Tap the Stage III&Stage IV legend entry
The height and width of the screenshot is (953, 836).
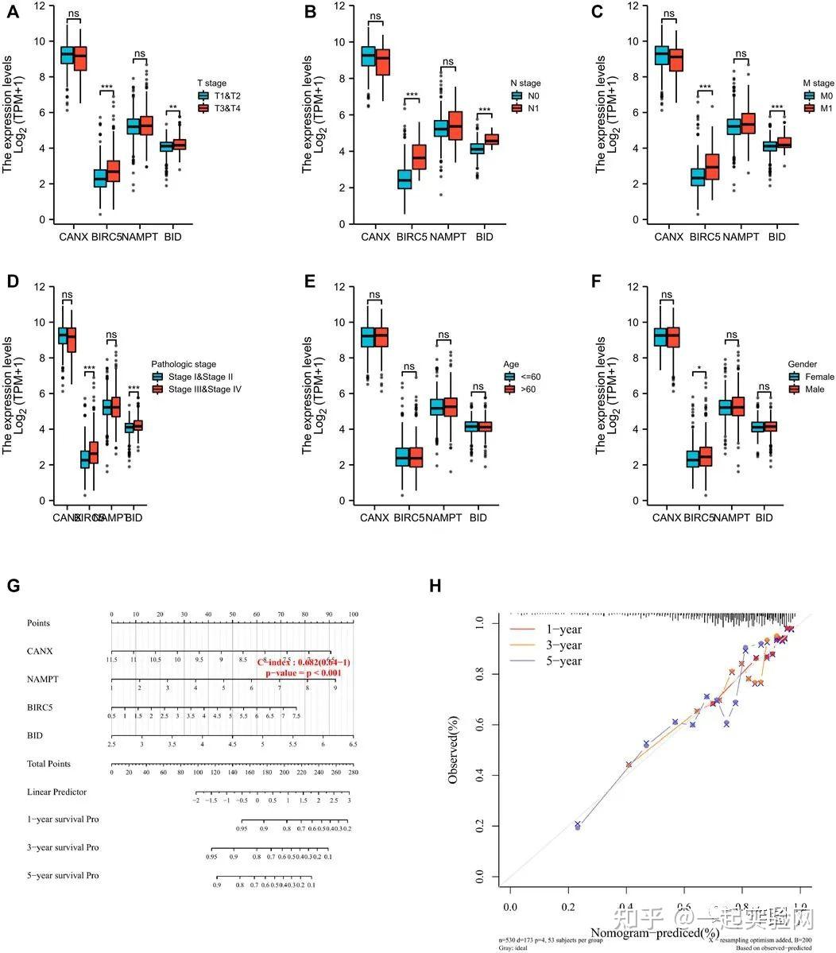(x=196, y=389)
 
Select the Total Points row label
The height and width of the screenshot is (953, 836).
(x=48, y=764)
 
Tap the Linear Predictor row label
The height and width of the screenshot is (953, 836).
(x=56, y=792)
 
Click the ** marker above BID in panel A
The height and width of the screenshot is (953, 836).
(x=173, y=108)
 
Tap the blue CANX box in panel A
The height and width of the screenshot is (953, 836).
(x=68, y=56)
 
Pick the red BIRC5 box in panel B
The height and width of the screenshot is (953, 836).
(x=418, y=157)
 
